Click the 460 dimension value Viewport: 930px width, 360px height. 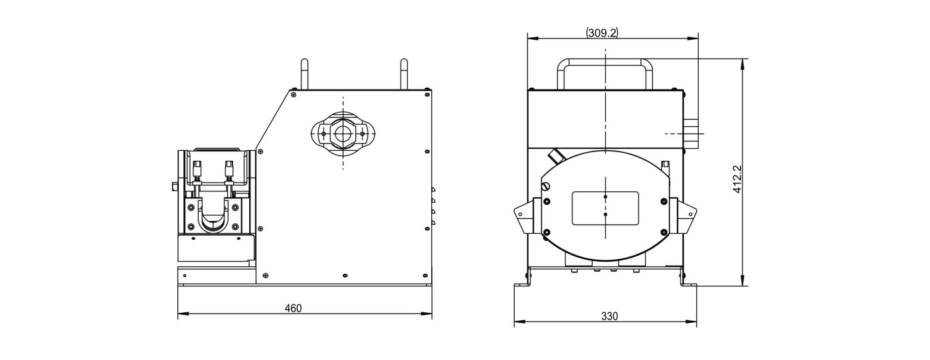point(293,308)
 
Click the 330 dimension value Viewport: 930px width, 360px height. point(610,316)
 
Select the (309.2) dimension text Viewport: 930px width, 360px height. point(602,33)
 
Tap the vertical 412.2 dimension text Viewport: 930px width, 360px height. point(737,179)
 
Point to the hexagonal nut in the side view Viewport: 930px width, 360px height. point(343,134)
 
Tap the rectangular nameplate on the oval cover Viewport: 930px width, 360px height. point(605,209)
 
